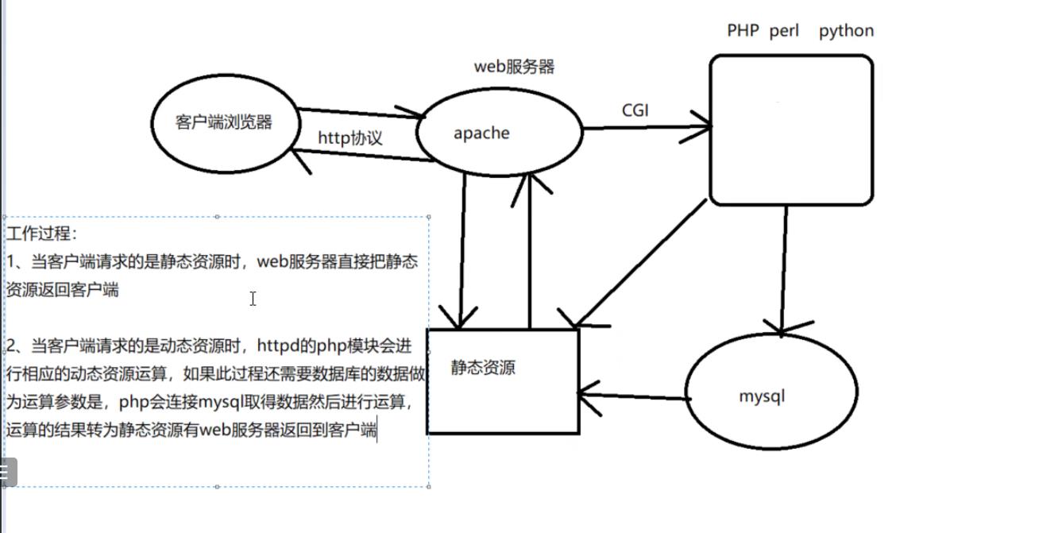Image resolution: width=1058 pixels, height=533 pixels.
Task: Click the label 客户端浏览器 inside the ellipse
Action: point(223,122)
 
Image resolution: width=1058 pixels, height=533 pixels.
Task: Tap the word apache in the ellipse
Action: point(481,133)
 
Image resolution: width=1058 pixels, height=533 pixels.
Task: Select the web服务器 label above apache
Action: point(514,67)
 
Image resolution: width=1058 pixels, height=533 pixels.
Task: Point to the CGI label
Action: point(635,110)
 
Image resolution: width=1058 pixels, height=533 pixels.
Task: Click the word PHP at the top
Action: point(743,31)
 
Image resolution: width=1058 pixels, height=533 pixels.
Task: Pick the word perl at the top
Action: point(784,31)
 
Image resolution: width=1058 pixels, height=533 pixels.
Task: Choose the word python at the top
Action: point(847,32)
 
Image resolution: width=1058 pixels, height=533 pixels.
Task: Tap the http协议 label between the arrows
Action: point(350,138)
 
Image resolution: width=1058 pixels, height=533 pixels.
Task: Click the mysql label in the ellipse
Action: point(762,396)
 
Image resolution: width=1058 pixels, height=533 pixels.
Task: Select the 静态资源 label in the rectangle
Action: point(483,367)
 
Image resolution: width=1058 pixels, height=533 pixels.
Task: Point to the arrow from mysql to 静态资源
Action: point(634,396)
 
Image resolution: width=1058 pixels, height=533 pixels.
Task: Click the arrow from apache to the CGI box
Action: point(647,127)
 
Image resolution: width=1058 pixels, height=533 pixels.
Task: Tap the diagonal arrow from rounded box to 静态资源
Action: point(641,263)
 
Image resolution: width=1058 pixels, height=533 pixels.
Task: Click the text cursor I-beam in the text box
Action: point(253,299)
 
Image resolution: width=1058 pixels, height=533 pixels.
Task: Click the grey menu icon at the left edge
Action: point(8,472)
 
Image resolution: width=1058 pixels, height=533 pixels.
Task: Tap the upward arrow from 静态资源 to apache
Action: point(531,251)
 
